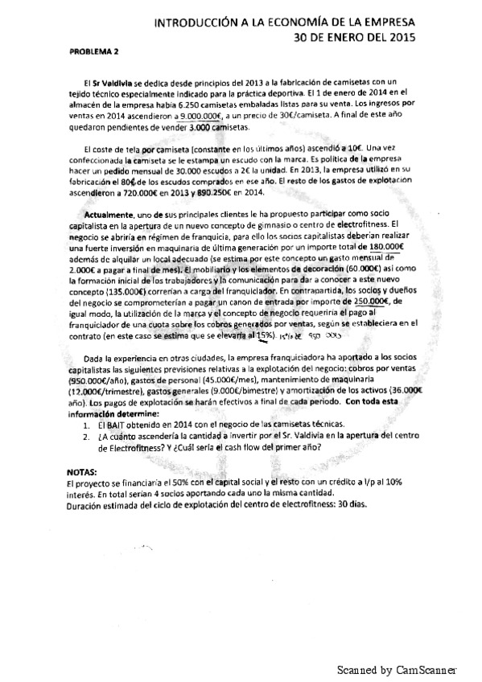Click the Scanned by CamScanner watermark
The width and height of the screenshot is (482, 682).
pos(396,669)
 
